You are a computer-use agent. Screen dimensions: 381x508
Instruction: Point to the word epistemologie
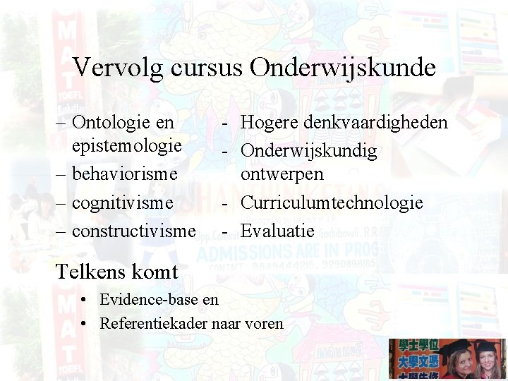pyautogui.click(x=127, y=145)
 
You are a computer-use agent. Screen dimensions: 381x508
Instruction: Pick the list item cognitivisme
pyautogui.click(x=122, y=202)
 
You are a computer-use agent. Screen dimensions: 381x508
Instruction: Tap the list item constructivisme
pyautogui.click(x=134, y=230)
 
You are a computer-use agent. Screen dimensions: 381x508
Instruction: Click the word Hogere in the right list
pyautogui.click(x=269, y=123)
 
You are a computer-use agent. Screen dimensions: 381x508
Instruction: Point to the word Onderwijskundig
pyautogui.click(x=309, y=151)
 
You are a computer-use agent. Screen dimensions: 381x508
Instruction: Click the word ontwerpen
pyautogui.click(x=282, y=174)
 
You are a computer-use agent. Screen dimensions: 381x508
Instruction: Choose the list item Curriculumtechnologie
pyautogui.click(x=332, y=202)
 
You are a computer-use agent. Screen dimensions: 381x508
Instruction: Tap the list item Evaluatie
pyautogui.click(x=277, y=230)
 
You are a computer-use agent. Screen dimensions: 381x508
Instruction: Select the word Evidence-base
pyautogui.click(x=149, y=299)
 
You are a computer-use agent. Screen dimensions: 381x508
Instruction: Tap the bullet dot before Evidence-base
pyautogui.click(x=83, y=299)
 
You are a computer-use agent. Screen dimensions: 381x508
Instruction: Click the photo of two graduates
pyautogui.click(x=447, y=358)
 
